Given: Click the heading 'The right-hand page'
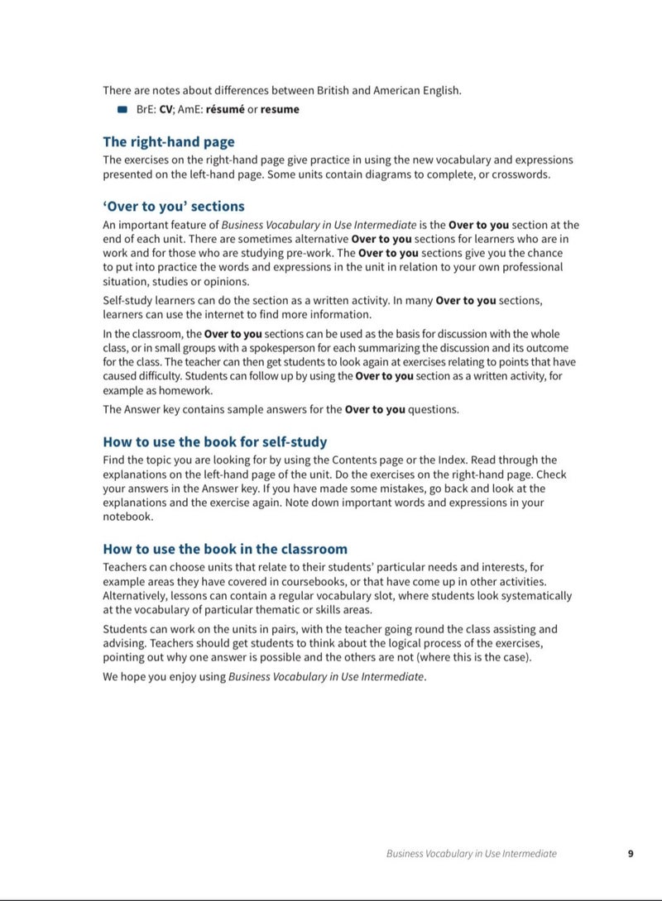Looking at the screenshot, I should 169,141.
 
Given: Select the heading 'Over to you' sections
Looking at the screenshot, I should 174,206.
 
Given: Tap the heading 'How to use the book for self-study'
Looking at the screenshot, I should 215,441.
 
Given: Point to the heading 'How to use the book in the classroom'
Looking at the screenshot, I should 225,549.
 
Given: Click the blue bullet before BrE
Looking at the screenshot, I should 122,109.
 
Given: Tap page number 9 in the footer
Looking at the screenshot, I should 631,854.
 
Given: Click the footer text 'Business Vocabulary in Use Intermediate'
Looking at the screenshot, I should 472,854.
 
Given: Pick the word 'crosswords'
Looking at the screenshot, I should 520,174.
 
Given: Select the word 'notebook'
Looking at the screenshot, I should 127,516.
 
